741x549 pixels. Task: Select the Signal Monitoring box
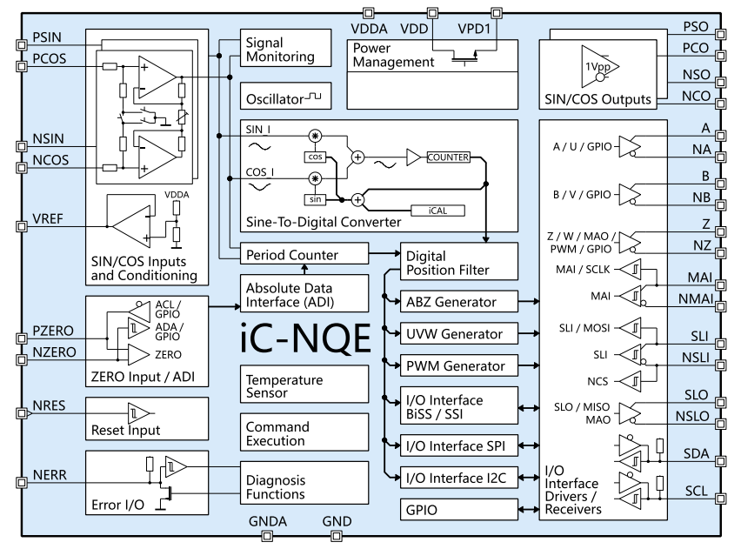(x=285, y=49)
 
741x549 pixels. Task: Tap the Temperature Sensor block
(x=285, y=386)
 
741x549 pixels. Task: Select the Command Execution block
(x=285, y=433)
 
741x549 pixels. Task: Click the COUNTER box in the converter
(x=449, y=157)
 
